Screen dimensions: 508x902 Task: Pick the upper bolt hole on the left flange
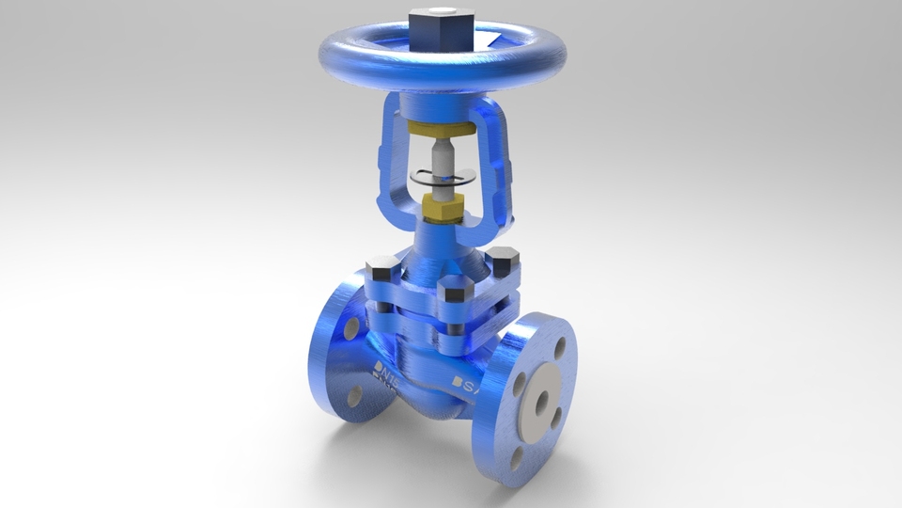click(350, 327)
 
